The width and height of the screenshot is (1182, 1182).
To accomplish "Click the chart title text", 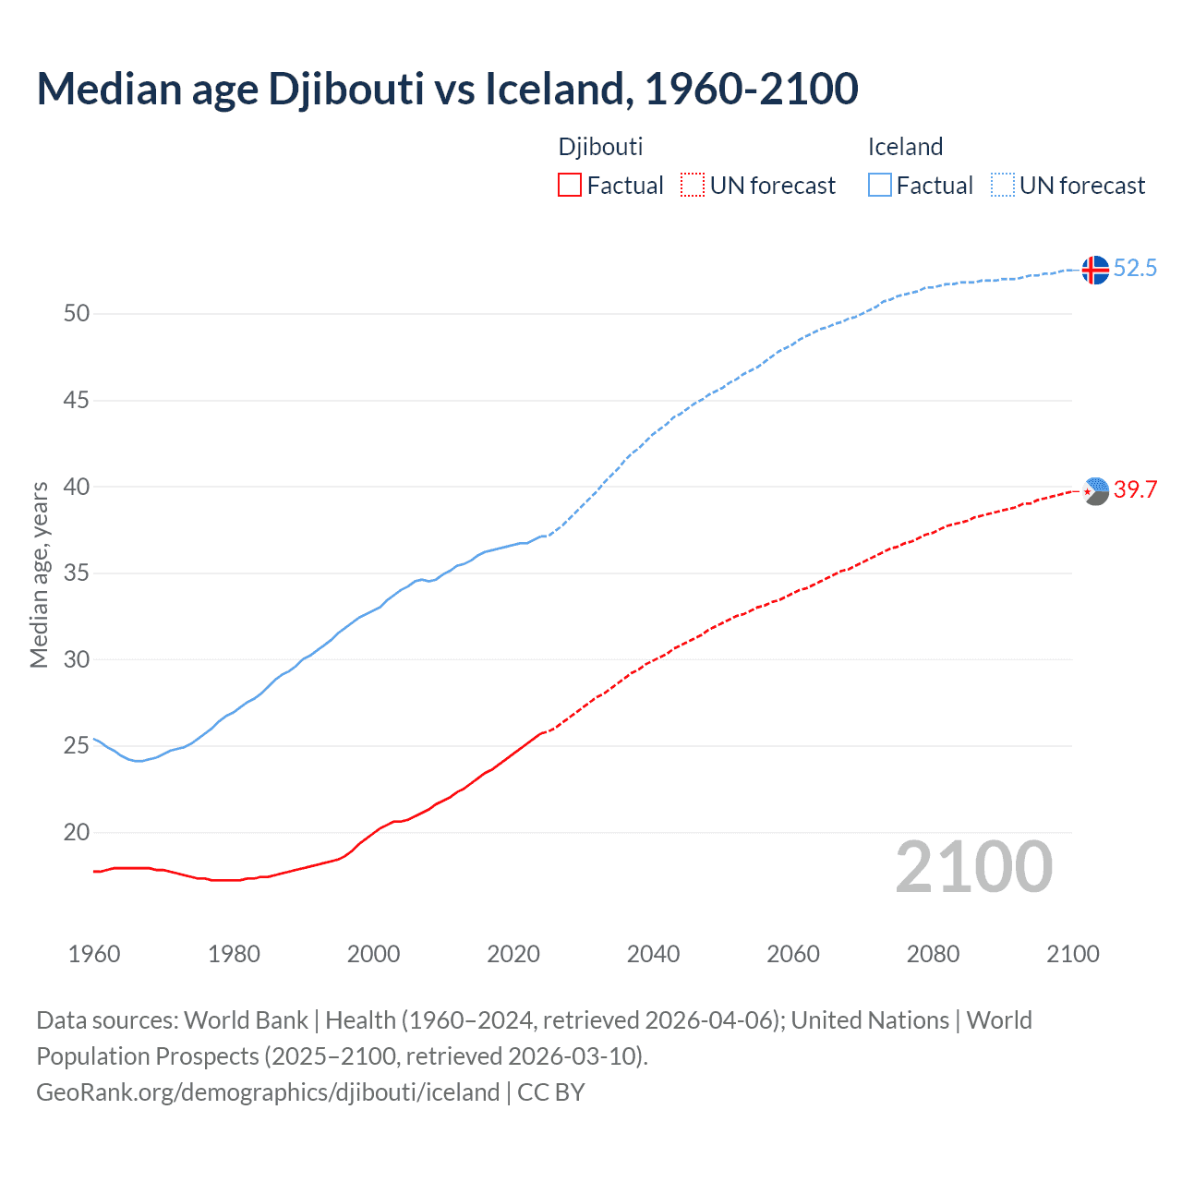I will [x=447, y=90].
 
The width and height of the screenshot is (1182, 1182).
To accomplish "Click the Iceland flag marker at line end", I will [x=1094, y=270].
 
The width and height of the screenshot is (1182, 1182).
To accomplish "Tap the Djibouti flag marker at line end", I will [x=1095, y=491].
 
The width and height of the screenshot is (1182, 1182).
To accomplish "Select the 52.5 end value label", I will [x=1135, y=269].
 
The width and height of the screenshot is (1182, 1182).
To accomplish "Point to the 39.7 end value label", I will [x=1135, y=490].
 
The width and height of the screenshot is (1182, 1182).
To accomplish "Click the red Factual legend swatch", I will [x=570, y=185].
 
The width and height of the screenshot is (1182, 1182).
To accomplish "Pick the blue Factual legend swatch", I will [x=880, y=185].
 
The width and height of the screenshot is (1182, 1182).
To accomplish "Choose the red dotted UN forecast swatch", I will [x=693, y=185].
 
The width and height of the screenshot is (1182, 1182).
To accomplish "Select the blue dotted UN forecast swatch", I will [x=1003, y=185].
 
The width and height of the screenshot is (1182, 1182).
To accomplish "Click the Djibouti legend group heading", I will [x=600, y=147].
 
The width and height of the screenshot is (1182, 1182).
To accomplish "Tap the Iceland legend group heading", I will [x=905, y=147].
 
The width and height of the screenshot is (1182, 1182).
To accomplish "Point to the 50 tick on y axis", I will [x=77, y=314].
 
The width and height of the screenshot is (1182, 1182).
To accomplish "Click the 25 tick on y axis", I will [x=77, y=746].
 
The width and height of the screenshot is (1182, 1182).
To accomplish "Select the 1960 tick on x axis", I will [x=94, y=954].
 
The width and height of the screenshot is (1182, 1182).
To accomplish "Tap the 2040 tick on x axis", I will [x=653, y=954].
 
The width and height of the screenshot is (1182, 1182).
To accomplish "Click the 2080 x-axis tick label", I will [x=933, y=954].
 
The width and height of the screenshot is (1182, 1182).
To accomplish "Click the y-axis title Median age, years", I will [x=39, y=574].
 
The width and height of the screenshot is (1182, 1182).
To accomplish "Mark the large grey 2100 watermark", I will [x=973, y=866].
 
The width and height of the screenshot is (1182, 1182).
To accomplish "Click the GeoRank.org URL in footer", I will [x=268, y=1092].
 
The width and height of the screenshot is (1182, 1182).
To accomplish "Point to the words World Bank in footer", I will [x=246, y=1020].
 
